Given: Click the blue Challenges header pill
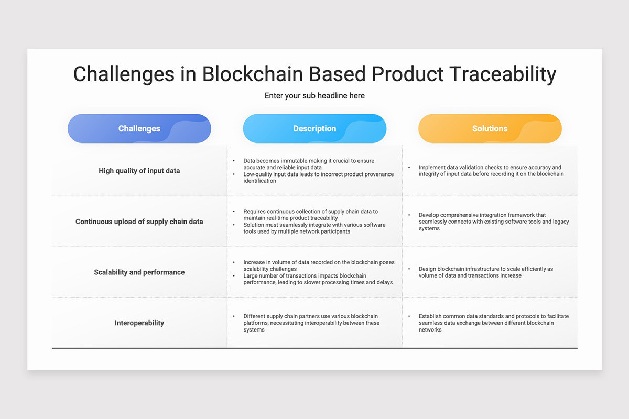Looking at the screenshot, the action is (x=139, y=128).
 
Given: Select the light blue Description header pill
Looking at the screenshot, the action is (x=314, y=128).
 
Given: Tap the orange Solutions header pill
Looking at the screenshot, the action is (x=490, y=128).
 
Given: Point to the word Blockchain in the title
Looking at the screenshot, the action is (x=253, y=74).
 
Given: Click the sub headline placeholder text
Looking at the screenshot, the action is (x=314, y=96).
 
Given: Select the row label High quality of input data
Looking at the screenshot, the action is (x=139, y=171).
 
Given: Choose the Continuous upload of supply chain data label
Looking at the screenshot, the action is (x=139, y=222).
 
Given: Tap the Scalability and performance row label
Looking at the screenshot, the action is (x=139, y=272).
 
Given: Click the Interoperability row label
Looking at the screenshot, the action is (x=139, y=323).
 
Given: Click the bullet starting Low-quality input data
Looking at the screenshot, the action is (x=319, y=178).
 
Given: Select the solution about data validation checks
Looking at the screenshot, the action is (x=491, y=171).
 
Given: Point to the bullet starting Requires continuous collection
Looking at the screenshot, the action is (x=310, y=215).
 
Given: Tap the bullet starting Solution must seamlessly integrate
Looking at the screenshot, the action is (x=314, y=228).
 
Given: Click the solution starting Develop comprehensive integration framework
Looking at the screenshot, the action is (x=494, y=222).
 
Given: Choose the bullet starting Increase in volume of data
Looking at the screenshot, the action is (x=319, y=266).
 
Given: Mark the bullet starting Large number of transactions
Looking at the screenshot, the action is (x=318, y=279).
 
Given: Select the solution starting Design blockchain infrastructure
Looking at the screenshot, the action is (x=486, y=272).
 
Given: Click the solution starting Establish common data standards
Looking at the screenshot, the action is (x=494, y=323).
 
